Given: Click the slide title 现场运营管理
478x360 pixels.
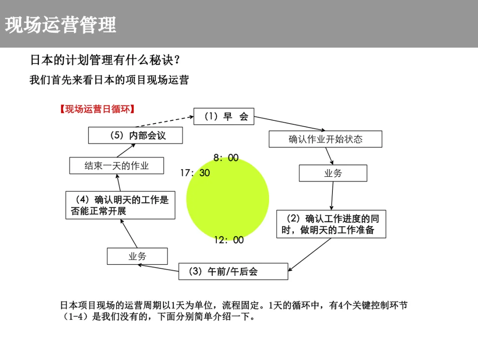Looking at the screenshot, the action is pos(61,25).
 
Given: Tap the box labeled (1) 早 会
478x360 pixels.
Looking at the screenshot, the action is pos(224,116).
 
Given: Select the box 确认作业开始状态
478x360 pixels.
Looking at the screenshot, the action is pos(325,139).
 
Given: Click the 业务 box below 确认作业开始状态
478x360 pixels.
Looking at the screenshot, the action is pos(333,173).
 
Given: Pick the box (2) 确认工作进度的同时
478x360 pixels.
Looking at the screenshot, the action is pos(331,224).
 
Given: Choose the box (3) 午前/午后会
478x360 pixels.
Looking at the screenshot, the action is pos(233,271).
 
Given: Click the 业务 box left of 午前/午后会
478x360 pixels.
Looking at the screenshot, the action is pos(137,256).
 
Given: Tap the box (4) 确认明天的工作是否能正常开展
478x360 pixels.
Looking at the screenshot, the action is pos(120,205).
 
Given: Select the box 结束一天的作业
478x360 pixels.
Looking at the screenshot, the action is pos(116,166).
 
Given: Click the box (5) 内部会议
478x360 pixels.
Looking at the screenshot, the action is pos(135,135).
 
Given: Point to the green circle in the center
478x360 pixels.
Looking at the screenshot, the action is pos(227,199).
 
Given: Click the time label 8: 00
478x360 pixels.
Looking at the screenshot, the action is pos(226,158).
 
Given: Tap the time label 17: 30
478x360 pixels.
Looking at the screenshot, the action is pos(195,173).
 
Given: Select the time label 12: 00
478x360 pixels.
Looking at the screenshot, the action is pos(229,240).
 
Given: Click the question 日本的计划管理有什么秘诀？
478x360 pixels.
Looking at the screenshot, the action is pos(106,60).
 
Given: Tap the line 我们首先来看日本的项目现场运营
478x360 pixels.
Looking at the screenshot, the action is pos(109,80).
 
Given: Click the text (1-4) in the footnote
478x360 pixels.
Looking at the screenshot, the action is pos(75,317).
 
